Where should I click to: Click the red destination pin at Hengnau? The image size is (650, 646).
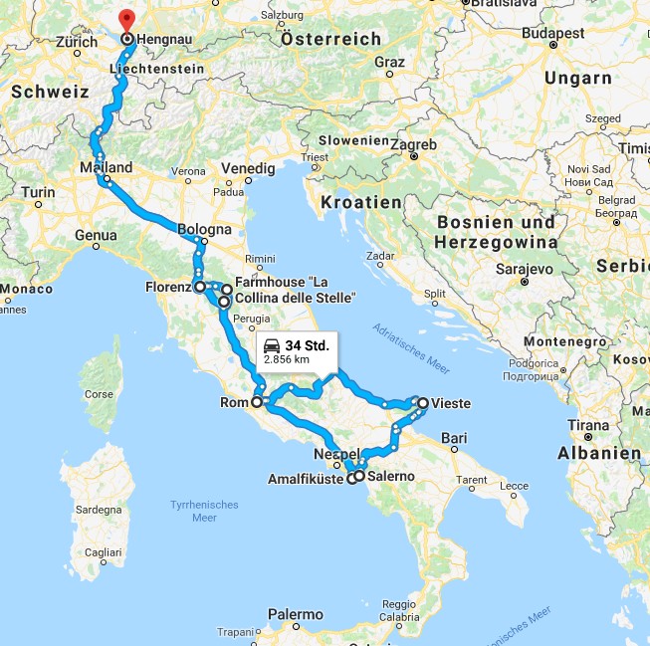tap(125, 20)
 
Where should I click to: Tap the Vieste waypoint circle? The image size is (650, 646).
tap(423, 403)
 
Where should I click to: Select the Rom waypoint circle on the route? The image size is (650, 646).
tap(257, 403)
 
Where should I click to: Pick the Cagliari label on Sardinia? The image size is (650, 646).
tap(101, 551)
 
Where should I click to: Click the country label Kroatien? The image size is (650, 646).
tap(362, 202)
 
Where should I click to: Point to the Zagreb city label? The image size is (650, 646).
tap(413, 145)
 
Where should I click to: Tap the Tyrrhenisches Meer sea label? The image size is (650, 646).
tap(204, 511)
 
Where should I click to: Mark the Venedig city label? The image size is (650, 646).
tap(248, 168)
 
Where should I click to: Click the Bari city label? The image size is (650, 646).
tap(454, 437)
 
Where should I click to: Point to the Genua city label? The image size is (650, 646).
tap(96, 236)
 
